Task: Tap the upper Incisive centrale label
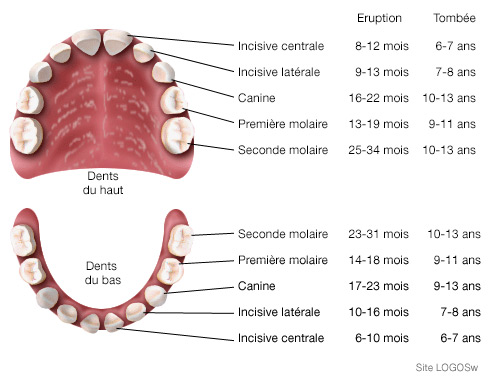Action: tap(281, 46)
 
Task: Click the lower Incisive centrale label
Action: tap(281, 339)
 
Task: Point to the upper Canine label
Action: tap(257, 98)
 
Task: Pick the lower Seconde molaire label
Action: tap(283, 234)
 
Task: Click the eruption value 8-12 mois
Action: tap(382, 46)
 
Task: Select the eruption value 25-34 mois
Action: tap(382, 150)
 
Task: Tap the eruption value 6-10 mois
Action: tap(382, 339)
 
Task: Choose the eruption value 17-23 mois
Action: tap(382, 287)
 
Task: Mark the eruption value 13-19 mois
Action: tap(382, 124)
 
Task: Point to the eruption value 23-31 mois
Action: tap(382, 234)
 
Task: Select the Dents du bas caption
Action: tap(103, 273)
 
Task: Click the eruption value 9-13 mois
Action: tap(382, 72)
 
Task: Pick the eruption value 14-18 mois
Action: tap(382, 261)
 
